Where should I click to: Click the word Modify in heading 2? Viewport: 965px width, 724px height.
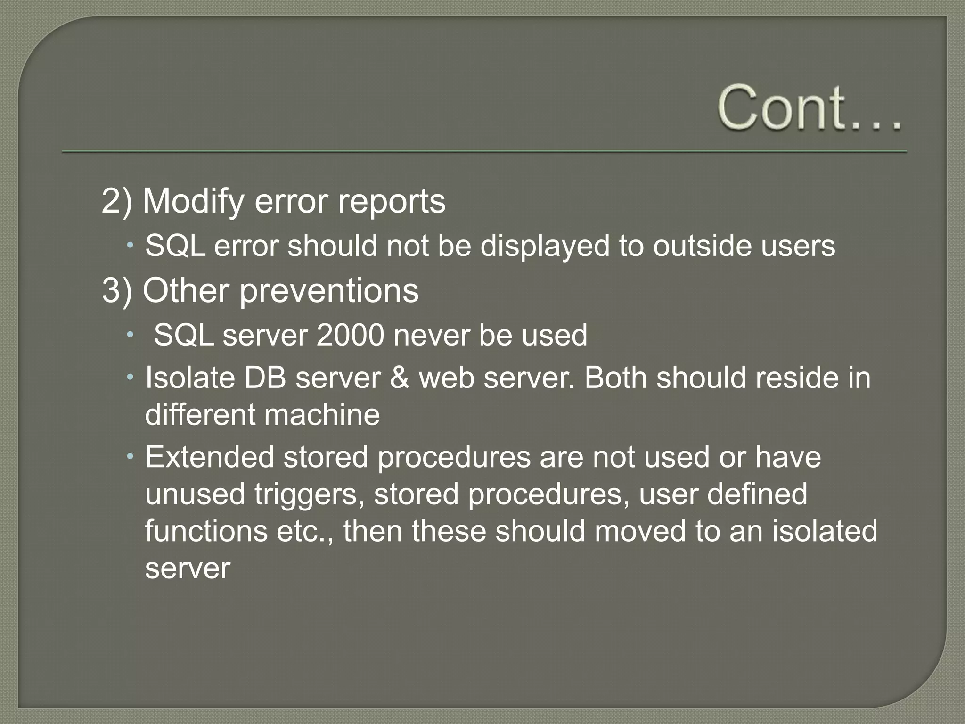(x=193, y=201)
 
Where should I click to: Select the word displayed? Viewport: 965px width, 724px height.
(x=545, y=246)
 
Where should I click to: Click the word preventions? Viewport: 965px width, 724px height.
(x=329, y=290)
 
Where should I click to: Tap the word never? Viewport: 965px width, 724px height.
(x=431, y=335)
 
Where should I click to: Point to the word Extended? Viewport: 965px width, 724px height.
(x=210, y=457)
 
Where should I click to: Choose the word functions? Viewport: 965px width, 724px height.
(x=206, y=531)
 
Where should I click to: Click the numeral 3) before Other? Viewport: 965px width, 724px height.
(x=117, y=290)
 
